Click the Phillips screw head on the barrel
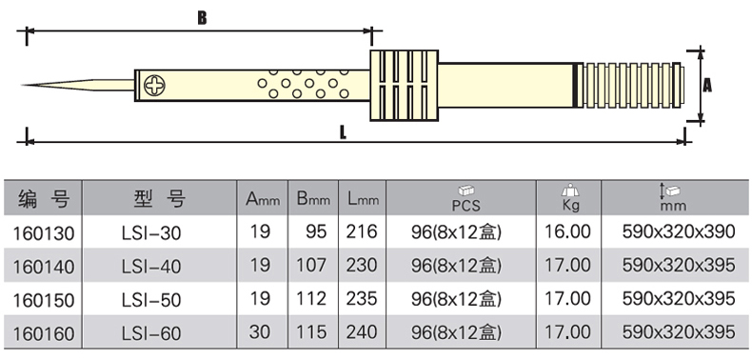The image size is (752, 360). (x=155, y=86)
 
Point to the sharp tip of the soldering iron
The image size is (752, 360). (x=22, y=86)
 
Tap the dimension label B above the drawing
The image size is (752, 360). (x=202, y=18)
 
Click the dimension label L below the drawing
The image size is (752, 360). (x=343, y=133)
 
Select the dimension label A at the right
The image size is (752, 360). (x=707, y=86)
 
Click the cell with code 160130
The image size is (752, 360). (x=44, y=233)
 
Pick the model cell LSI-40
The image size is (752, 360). (x=151, y=267)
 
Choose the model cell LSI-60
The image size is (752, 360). (x=151, y=333)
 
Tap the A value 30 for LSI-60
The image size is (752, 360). (x=260, y=331)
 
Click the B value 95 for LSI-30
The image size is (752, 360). (x=316, y=231)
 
